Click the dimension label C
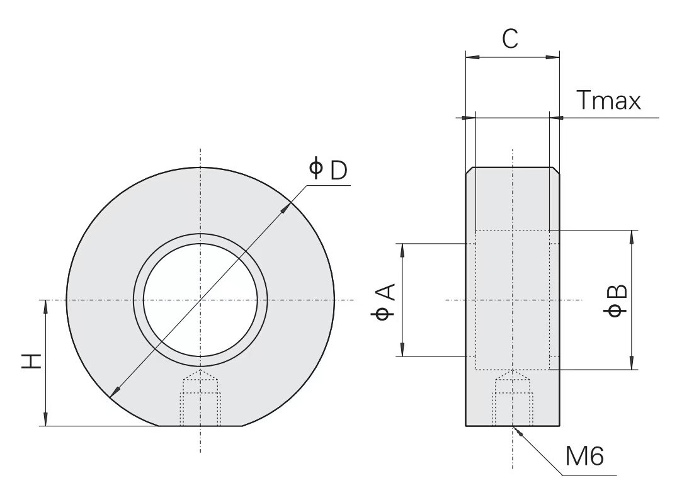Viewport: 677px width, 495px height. tap(510, 39)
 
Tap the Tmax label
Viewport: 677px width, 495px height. tap(609, 101)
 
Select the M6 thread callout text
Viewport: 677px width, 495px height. tap(584, 455)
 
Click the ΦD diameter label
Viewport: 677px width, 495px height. tap(328, 169)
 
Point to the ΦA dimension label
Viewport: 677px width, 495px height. tap(383, 302)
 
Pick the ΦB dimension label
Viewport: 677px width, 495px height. tap(616, 300)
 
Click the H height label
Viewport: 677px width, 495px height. tap(31, 361)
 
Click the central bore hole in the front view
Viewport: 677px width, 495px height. tap(200, 300)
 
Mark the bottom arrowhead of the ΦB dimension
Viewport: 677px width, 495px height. tap(632, 363)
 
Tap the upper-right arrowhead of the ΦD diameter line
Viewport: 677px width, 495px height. tap(285, 208)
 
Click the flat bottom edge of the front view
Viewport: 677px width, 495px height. tap(201, 426)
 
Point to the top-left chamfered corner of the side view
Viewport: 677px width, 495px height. tap(469, 170)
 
